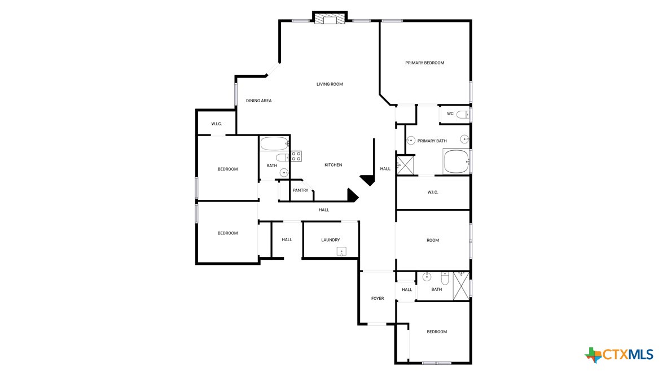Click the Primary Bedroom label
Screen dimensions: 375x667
(x=424, y=63)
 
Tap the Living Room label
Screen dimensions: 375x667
(x=330, y=84)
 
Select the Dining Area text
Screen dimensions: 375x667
(x=258, y=101)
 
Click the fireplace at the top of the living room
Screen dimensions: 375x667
(x=329, y=19)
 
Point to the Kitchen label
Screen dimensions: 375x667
(x=333, y=165)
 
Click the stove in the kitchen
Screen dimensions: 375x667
(x=296, y=155)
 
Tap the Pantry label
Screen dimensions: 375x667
(x=300, y=190)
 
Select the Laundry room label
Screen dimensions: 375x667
(x=330, y=240)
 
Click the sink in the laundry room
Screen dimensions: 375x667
(x=341, y=251)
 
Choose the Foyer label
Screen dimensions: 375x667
(x=377, y=298)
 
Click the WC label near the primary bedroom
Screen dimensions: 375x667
(x=450, y=114)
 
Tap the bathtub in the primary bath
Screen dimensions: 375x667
(x=456, y=162)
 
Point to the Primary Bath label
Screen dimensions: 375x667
(x=432, y=141)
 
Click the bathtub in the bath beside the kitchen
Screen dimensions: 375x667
(x=274, y=143)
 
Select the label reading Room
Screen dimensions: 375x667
(x=432, y=240)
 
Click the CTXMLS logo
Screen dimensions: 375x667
(x=619, y=355)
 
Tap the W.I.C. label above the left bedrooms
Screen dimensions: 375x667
(x=217, y=124)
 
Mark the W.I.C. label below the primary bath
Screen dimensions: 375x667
(x=432, y=192)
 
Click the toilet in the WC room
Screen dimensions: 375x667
(x=463, y=115)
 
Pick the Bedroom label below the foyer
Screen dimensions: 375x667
(x=436, y=332)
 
